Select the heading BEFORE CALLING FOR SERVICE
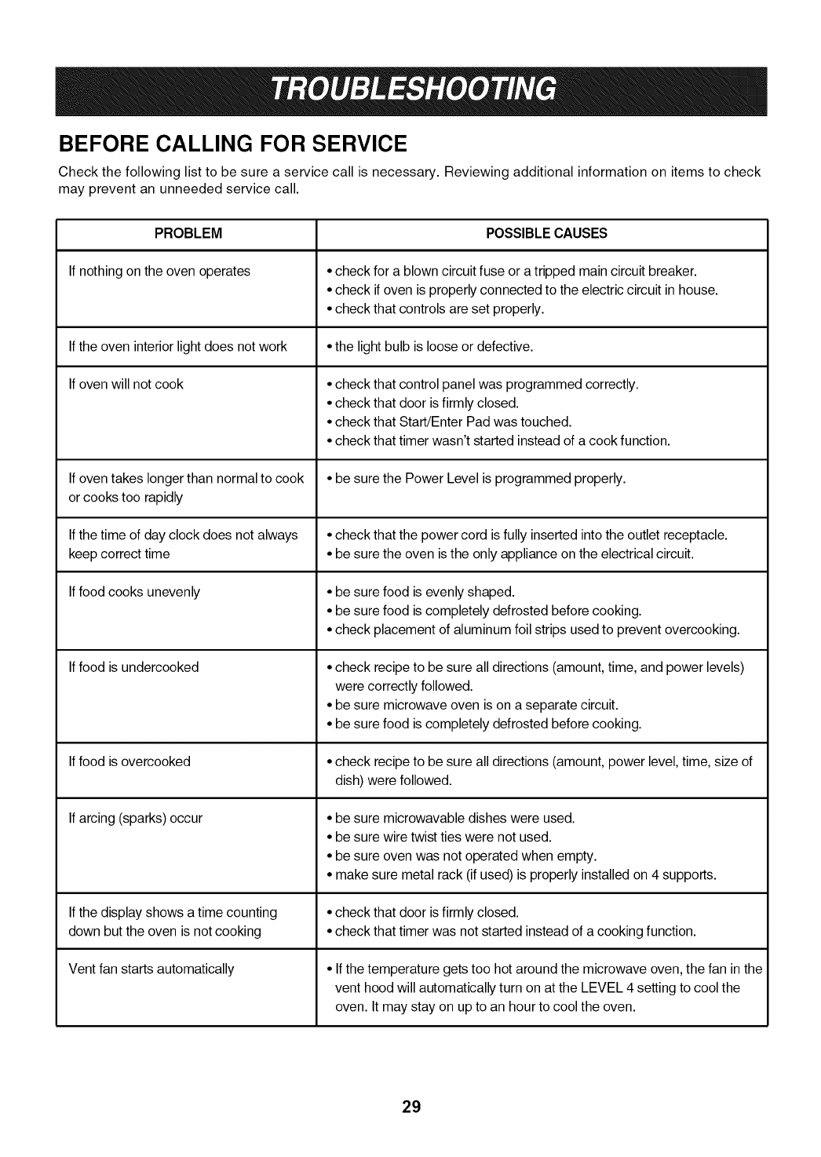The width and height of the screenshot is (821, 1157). coord(233,144)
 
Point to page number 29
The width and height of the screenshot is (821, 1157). coord(411,1108)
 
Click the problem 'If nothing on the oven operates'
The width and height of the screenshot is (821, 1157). coord(159,272)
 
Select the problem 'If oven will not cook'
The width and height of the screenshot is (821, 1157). coord(126,385)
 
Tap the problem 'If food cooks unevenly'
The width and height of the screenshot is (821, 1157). coord(134,592)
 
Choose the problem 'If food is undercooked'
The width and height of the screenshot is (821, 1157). coord(133,667)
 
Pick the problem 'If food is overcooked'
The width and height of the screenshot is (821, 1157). coord(130,761)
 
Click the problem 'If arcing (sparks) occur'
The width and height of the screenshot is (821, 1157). coord(135,818)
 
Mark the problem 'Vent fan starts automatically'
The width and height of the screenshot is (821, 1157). coord(151,969)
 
